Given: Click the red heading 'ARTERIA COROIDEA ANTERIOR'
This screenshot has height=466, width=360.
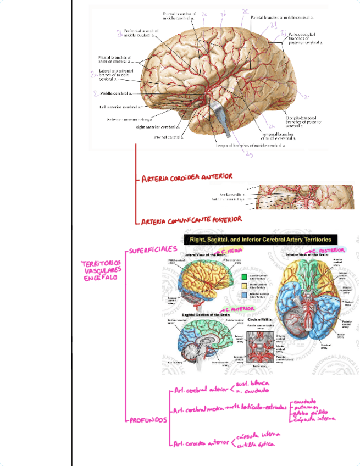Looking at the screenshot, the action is tap(187, 177).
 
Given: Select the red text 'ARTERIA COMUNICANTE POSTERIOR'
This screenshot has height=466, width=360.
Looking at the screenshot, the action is tap(191, 220).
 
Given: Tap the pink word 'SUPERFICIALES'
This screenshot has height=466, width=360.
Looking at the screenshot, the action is tap(153, 250).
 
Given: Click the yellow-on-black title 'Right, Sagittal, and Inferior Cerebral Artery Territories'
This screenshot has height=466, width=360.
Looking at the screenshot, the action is tap(260, 240).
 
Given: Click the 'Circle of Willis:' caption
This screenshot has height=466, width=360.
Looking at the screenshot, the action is tap(259, 319).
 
